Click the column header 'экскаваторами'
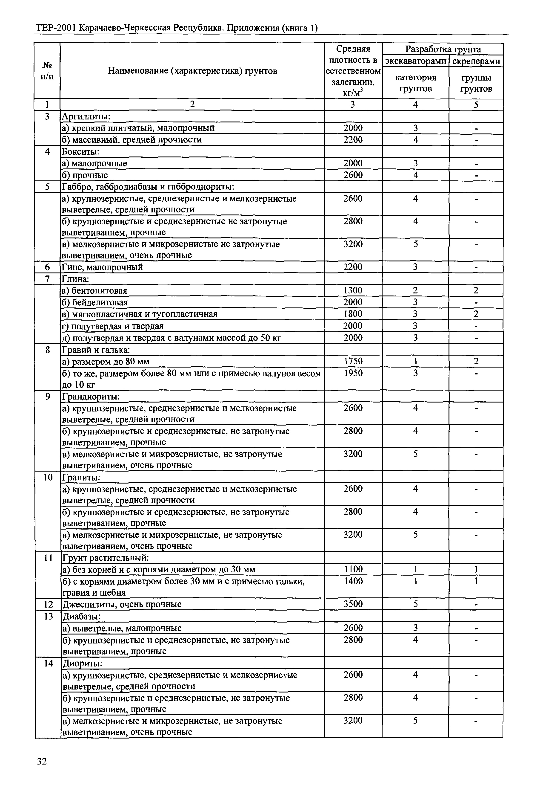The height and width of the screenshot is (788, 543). [x=415, y=61]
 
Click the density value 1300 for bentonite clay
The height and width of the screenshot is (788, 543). [x=353, y=290]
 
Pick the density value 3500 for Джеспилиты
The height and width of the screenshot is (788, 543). [x=353, y=604]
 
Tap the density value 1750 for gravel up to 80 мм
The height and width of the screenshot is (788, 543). [x=353, y=361]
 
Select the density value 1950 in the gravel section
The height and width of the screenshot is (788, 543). [x=353, y=373]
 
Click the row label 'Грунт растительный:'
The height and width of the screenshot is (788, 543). [x=105, y=557]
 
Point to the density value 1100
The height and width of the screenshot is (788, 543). [x=353, y=569]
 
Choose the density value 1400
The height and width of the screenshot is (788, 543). [x=353, y=581]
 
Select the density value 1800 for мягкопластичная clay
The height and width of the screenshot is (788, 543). [x=353, y=314]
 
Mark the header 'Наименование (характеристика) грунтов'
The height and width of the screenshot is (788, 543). [x=193, y=71]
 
